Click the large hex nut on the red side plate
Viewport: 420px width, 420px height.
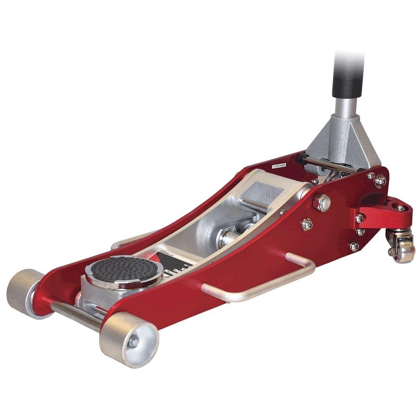click(x=322, y=203)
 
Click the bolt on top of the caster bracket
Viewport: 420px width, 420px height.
click(x=399, y=207)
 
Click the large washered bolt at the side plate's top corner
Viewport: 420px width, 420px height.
click(x=380, y=181)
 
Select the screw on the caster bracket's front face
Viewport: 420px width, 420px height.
click(x=360, y=218)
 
